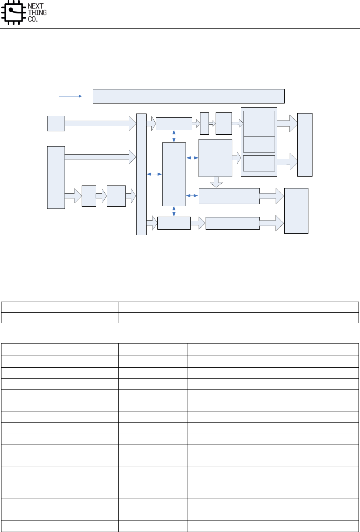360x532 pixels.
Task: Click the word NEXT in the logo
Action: tap(36, 6)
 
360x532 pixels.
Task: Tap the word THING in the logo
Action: tap(37, 13)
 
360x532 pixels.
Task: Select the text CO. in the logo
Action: tap(33, 19)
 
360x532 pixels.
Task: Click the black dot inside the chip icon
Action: tap(11, 10)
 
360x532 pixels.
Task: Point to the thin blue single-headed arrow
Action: tap(71, 96)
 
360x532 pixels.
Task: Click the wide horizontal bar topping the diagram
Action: tap(189, 96)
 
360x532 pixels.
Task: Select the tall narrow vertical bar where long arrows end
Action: tap(141, 174)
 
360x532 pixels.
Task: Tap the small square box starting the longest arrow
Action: tap(56, 124)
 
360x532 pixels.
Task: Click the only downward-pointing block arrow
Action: tap(216, 182)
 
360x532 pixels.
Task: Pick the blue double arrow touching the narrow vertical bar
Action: tap(154, 174)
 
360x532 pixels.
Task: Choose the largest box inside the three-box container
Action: tap(259, 124)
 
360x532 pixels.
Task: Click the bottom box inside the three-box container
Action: tap(259, 163)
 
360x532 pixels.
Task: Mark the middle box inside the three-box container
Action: tap(259, 144)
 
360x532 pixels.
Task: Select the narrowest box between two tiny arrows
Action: tap(204, 124)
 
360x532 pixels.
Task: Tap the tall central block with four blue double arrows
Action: tap(174, 174)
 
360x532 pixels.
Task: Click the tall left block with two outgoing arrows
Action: tap(56, 177)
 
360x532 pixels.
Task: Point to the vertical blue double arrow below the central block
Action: tap(174, 211)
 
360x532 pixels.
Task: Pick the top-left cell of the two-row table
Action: tap(60, 307)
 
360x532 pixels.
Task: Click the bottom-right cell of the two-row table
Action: tap(238, 318)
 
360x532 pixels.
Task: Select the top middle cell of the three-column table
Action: tap(153, 349)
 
